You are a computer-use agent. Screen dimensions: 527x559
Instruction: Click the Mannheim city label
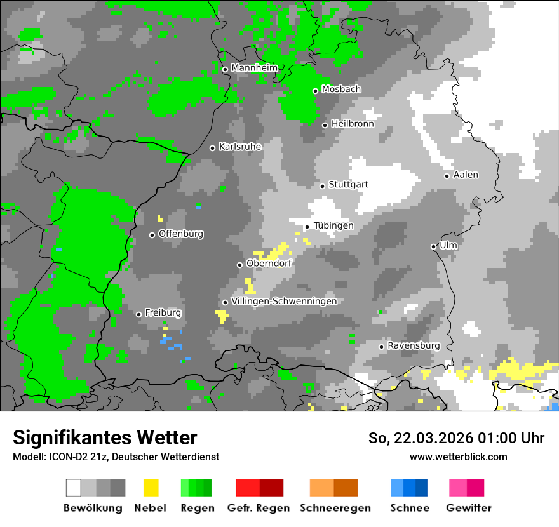(254, 68)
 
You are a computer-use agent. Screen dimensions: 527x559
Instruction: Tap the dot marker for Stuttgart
(322, 185)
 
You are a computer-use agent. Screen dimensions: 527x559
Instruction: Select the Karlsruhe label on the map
(239, 147)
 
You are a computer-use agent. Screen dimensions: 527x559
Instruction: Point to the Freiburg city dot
(138, 314)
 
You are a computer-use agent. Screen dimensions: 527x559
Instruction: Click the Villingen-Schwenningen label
(284, 301)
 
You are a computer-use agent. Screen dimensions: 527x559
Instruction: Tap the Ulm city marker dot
(433, 246)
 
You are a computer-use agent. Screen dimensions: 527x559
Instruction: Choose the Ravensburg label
(414, 345)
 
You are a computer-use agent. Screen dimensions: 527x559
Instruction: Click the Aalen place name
(466, 175)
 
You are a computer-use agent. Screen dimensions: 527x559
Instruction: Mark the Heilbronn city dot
(325, 125)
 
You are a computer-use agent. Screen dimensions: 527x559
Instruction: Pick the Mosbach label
(341, 90)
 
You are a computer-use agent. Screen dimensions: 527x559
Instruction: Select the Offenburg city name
(181, 234)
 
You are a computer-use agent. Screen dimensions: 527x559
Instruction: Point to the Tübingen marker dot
(307, 227)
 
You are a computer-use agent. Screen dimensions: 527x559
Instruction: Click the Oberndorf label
(269, 263)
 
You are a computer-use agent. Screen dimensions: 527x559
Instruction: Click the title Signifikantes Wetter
(105, 437)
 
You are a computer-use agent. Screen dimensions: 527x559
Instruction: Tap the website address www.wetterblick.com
(458, 457)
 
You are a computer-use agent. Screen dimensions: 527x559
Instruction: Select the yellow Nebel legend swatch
(151, 488)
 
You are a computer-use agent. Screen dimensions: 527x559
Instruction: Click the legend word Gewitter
(468, 508)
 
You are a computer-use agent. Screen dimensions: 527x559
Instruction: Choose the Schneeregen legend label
(335, 508)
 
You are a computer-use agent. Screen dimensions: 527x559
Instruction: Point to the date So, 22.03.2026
(422, 438)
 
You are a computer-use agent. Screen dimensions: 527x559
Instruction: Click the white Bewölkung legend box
(74, 488)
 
